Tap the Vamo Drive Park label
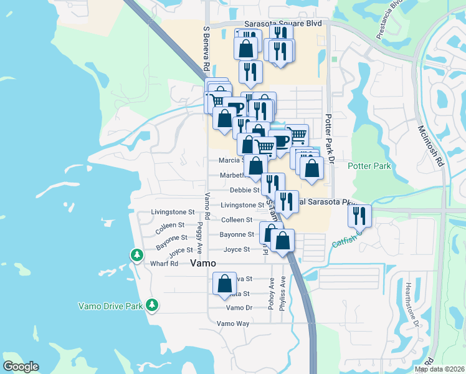[x=110, y=305]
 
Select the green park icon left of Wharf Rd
[x=136, y=254]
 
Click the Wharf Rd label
[x=164, y=264]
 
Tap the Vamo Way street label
[x=233, y=324]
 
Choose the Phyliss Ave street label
[x=283, y=293]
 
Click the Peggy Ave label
[x=200, y=237]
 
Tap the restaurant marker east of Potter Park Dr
[x=359, y=216]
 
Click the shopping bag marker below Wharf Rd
[x=224, y=284]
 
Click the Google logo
[x=21, y=367]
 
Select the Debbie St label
[x=244, y=190]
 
